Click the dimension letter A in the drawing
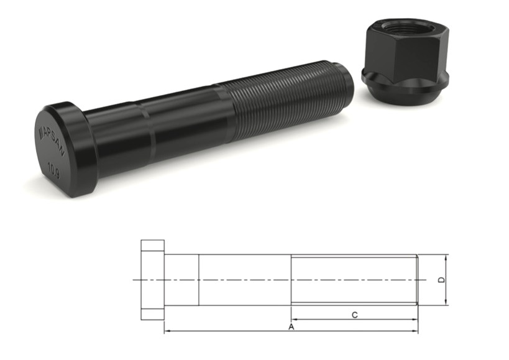[291, 326]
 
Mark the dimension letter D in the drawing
[442, 280]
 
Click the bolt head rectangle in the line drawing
[152, 280]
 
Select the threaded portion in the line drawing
[354, 280]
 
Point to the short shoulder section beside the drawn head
[181, 280]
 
